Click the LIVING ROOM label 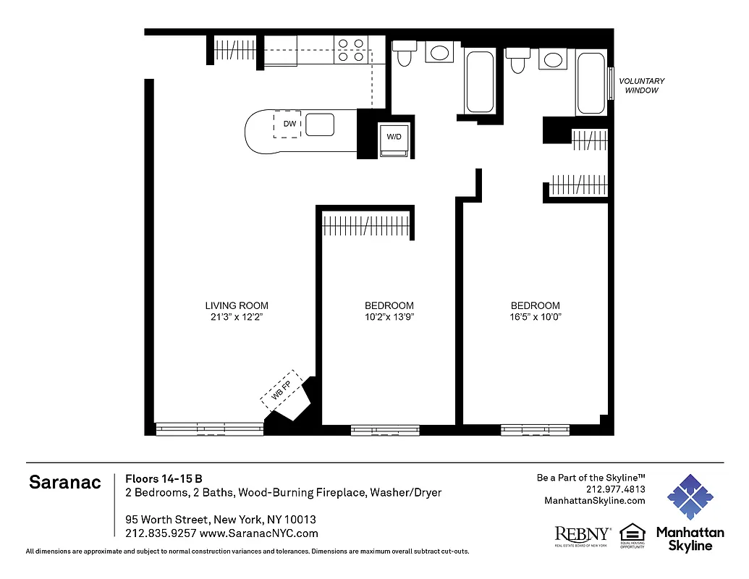coord(236,305)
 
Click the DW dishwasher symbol coord(289,124)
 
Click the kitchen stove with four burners coord(351,50)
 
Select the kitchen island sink coord(319,125)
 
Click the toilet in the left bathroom coord(404,54)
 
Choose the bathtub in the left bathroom coord(479,81)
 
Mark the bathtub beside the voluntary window coord(591,83)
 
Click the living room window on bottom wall coord(209,428)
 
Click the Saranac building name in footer coord(64,483)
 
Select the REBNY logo coord(582,534)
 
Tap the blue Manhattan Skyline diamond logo coord(689,497)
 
